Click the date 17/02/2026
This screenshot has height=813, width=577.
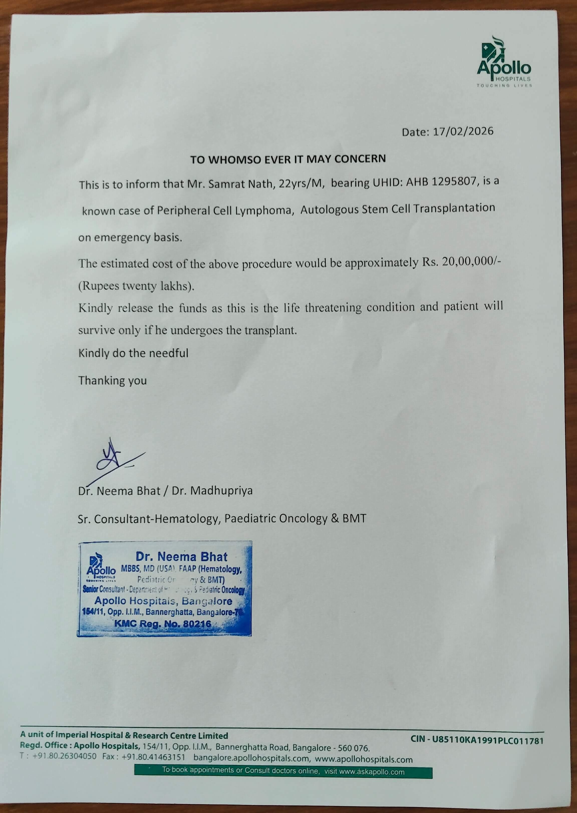coord(463,132)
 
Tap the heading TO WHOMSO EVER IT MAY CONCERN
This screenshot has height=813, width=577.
coord(288,159)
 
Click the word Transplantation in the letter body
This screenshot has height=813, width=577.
coord(454,208)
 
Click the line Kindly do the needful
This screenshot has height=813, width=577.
coord(133,353)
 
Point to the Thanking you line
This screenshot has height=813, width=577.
coord(112,380)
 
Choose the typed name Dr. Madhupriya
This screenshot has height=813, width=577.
coord(212,490)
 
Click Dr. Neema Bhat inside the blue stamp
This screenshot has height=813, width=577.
coord(181,556)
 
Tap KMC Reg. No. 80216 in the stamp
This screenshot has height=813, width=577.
coord(163,624)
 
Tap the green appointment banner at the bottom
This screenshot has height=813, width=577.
coord(283,771)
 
